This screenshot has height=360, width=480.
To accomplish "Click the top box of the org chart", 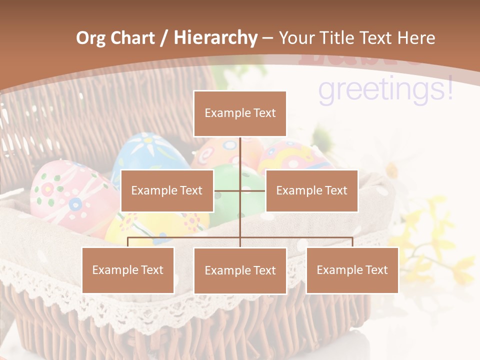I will tap(240, 113).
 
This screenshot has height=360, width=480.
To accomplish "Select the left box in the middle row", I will tap(167, 190).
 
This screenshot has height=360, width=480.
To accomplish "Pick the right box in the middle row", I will tap(311, 190).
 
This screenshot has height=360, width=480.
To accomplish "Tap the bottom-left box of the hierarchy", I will tap(128, 270).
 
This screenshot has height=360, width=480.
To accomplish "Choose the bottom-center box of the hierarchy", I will tap(240, 270).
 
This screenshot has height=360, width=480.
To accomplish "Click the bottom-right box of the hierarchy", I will tap(352, 270).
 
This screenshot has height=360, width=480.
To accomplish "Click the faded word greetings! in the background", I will tap(385, 90).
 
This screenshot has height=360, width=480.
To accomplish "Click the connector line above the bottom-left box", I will tap(128, 241).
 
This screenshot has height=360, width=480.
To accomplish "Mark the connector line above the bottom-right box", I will tap(352, 241).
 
